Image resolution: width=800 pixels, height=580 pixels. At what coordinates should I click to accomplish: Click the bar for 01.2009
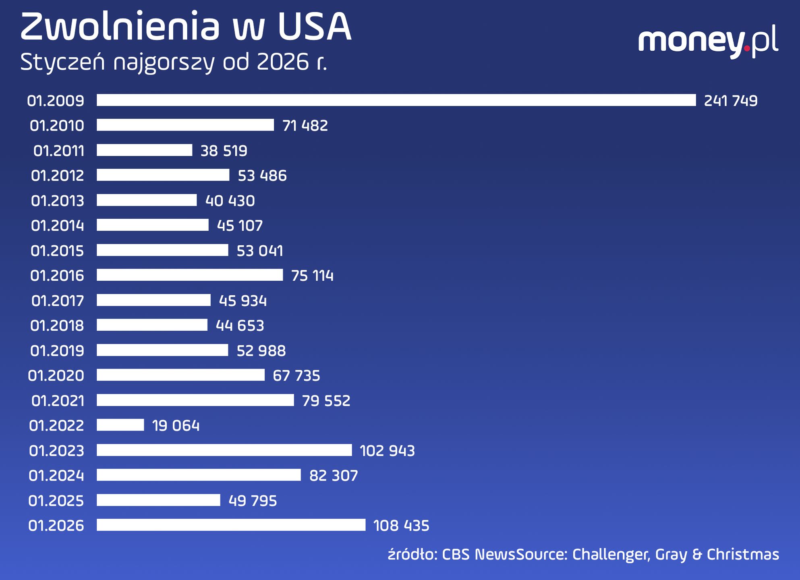point(396,100)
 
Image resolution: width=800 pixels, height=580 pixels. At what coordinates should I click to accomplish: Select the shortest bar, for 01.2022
point(120,425)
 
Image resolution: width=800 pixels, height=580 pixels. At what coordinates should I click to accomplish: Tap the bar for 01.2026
point(231,525)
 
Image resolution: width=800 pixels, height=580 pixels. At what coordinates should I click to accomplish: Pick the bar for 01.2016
point(189,275)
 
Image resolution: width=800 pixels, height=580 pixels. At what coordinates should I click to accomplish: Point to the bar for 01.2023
point(224,450)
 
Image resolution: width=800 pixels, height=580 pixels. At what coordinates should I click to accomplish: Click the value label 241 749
point(730,101)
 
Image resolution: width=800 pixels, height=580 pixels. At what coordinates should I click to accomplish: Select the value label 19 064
point(176,426)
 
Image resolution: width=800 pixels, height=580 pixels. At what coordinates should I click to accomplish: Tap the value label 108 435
point(401,526)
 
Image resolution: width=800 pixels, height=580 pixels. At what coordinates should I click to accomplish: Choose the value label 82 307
point(334,476)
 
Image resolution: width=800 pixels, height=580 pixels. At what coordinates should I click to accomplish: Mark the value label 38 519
point(224,151)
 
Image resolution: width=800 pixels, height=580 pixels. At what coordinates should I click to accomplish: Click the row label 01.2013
point(58,201)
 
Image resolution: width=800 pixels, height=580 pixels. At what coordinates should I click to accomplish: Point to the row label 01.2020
point(56,375)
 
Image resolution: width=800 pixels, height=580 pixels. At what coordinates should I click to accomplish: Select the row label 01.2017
point(58,300)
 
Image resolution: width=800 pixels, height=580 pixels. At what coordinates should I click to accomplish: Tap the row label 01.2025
point(56,501)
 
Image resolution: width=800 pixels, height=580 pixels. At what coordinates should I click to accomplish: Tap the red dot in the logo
point(747,49)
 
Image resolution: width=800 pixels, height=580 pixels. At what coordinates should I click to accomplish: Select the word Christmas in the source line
point(743,555)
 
